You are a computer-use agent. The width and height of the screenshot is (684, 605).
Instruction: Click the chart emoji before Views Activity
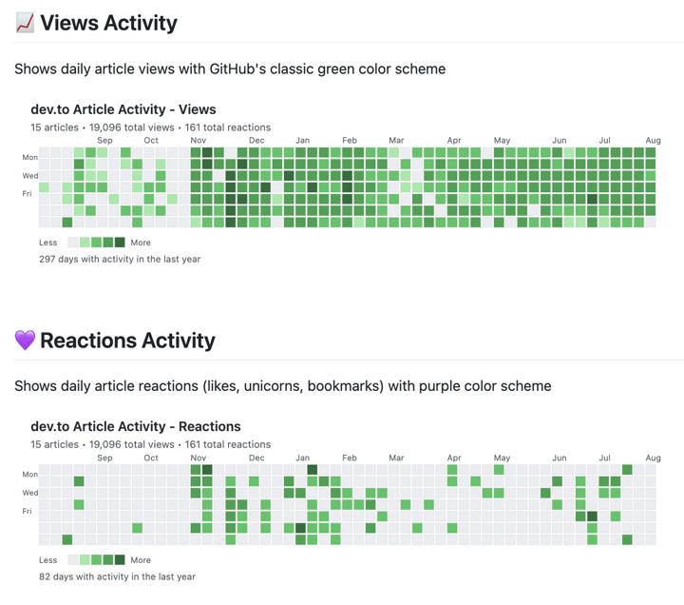[x=25, y=23]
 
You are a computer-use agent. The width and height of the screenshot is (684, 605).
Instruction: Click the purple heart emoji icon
[x=25, y=341]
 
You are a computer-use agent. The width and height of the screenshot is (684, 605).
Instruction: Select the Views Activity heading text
[x=108, y=23]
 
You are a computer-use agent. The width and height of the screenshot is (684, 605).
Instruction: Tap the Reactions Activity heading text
[x=127, y=341]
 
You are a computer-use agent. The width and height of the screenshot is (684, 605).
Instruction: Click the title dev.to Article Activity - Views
[x=123, y=109]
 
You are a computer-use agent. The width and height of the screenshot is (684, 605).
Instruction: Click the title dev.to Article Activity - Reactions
[x=136, y=426]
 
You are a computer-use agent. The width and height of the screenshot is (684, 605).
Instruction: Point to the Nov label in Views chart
[x=199, y=141]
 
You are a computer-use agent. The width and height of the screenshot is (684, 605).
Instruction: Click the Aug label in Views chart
[x=653, y=141]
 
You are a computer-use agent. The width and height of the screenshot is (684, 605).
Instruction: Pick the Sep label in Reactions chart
[x=104, y=458]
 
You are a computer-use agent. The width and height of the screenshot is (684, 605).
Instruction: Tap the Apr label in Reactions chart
[x=454, y=458]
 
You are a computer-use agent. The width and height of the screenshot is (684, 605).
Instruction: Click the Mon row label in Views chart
[x=30, y=158]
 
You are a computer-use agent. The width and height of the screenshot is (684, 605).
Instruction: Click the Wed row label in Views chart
[x=30, y=176]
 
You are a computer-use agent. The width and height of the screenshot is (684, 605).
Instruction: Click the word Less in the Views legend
[x=48, y=243]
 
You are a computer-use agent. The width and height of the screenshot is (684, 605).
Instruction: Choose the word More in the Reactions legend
[x=141, y=560]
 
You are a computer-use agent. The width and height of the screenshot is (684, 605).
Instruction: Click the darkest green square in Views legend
[x=120, y=243]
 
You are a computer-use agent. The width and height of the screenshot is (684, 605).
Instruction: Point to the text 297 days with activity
[x=120, y=259]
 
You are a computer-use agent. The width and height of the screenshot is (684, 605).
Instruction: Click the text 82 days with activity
[x=118, y=576]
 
